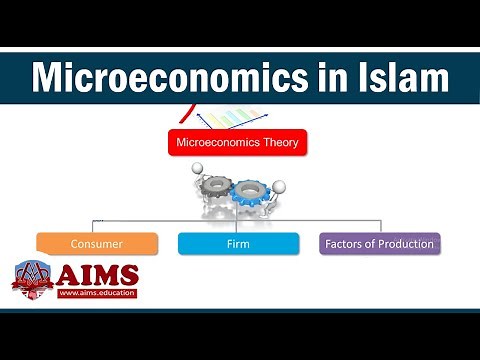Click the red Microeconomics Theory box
point(236,142)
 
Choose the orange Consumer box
point(97,243)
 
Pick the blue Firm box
point(238,243)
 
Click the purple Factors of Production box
point(379,243)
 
